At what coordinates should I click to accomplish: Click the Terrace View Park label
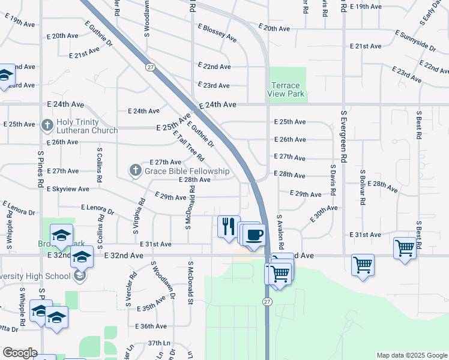[x=288, y=90]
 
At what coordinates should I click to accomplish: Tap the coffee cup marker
[x=254, y=233]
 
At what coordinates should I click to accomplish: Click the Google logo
[x=19, y=353]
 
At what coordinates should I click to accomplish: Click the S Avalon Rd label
[x=280, y=232]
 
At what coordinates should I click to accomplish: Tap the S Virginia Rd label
[x=139, y=216]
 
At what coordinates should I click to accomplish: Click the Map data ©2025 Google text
[x=411, y=355]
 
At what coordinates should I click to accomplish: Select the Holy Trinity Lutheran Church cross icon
[x=47, y=125]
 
